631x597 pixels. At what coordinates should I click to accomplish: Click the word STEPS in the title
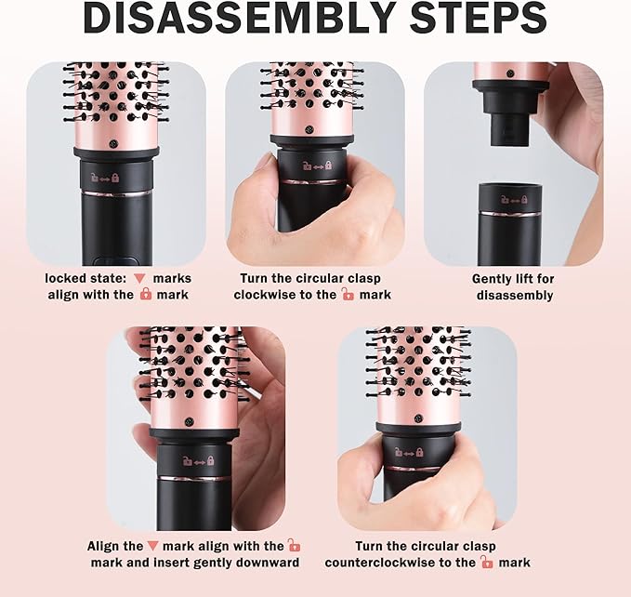479,18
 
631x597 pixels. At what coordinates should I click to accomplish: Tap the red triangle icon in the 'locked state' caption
139,279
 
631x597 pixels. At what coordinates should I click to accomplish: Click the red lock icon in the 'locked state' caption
146,294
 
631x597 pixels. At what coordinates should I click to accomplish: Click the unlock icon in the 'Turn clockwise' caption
348,294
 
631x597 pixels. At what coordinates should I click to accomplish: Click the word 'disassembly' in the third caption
515,295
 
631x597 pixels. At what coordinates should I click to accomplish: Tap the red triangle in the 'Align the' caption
152,546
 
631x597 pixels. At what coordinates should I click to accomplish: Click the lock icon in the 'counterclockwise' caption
487,562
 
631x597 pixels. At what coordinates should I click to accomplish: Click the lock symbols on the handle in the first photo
105,178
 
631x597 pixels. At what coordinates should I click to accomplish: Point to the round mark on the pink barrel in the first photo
113,143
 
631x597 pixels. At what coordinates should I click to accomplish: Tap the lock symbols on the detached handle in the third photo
514,199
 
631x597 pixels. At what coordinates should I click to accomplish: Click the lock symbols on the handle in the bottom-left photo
198,460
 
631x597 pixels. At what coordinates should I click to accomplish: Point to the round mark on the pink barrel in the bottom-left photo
189,421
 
